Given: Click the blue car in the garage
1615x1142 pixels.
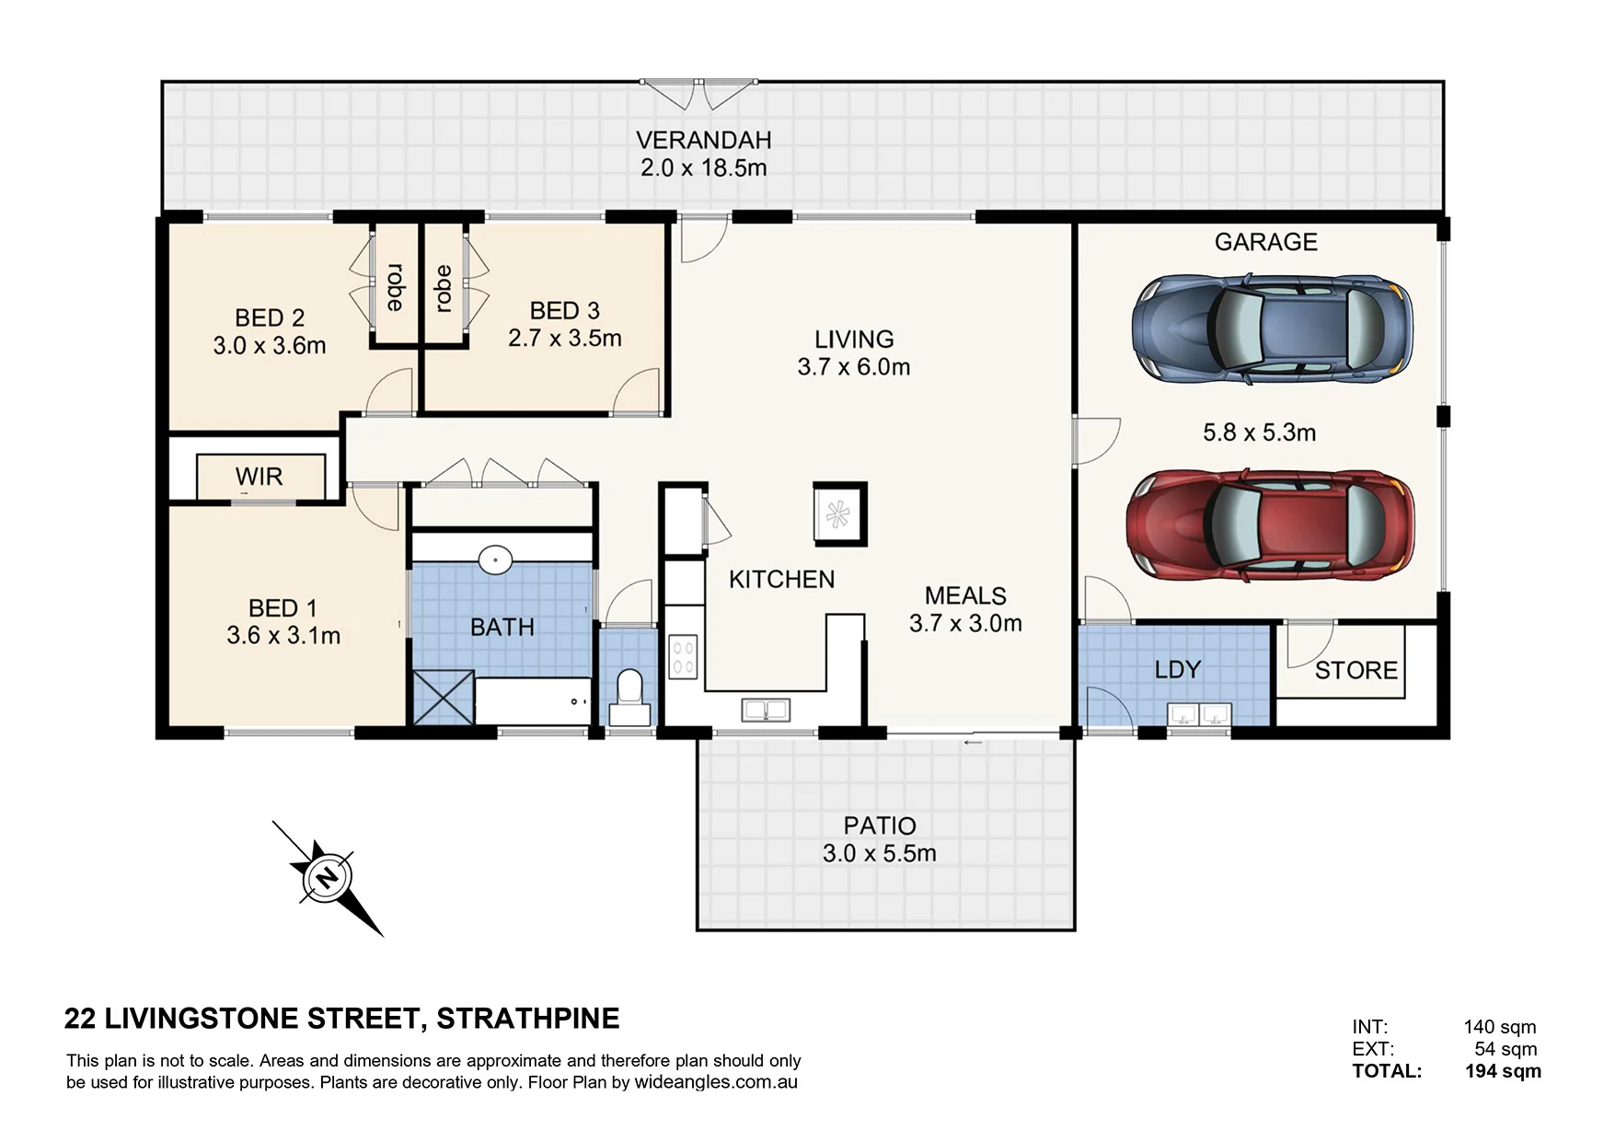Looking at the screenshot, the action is (1272, 327).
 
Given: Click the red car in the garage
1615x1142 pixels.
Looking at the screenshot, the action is (1271, 526).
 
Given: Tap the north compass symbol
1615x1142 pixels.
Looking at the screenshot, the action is (328, 878).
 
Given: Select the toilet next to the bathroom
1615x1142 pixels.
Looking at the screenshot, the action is (629, 697).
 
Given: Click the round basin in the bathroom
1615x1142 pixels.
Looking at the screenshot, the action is (495, 559).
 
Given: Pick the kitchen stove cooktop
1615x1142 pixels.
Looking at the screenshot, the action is (683, 656).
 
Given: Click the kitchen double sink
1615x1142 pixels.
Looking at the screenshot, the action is (766, 709).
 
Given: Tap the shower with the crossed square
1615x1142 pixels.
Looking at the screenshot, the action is (444, 698).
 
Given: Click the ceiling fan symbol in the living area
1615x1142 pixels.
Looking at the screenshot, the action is (837, 513).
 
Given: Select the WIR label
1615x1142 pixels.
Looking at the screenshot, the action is (259, 477).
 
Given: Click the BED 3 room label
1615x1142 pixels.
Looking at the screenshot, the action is (565, 311).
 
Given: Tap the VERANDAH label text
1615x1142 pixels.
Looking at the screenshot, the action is (704, 140).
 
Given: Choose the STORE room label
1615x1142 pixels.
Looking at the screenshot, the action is (1356, 670).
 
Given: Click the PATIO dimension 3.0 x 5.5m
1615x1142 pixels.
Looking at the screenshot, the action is (880, 853).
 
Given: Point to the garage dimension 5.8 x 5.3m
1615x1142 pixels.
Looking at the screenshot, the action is (1259, 432).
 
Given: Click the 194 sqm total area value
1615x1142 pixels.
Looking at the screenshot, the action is (1504, 1071).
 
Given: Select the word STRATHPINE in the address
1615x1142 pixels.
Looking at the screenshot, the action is (528, 1019).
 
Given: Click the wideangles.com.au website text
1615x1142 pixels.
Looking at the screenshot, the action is (716, 1083).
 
